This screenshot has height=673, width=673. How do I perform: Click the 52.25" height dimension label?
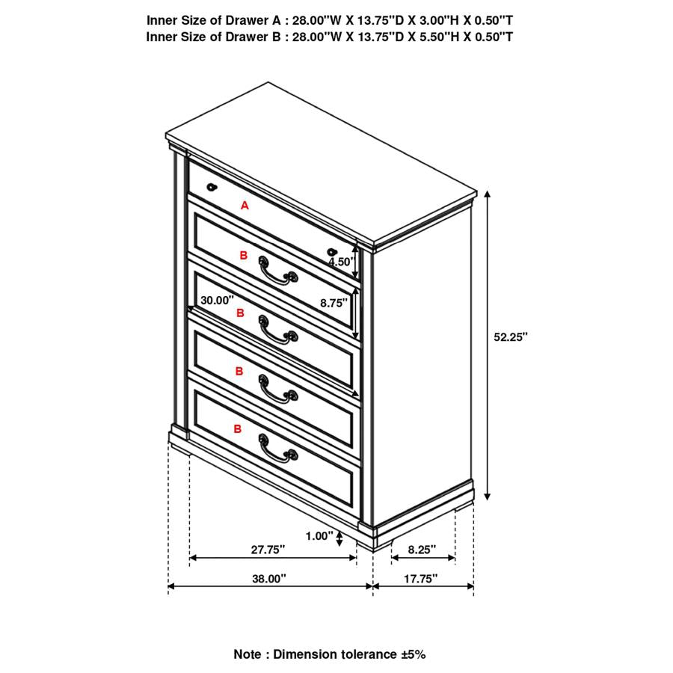(x=510, y=336)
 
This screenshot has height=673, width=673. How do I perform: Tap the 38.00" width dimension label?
(x=268, y=578)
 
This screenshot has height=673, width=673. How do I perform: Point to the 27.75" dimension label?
(x=268, y=549)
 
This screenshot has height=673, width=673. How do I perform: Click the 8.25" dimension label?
(x=422, y=549)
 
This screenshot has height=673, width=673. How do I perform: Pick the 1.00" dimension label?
(x=319, y=535)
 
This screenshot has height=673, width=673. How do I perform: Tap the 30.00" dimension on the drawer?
(x=217, y=300)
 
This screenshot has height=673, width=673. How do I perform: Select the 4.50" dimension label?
(x=340, y=262)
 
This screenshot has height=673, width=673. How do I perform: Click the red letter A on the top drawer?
(x=245, y=205)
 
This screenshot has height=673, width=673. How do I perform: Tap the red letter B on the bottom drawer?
(x=238, y=428)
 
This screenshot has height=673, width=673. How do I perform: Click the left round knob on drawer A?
(x=212, y=187)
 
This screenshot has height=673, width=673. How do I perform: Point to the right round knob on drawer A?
(x=332, y=252)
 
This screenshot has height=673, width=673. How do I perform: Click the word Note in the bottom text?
(x=248, y=654)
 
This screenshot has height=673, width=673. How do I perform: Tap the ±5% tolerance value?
(x=413, y=654)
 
